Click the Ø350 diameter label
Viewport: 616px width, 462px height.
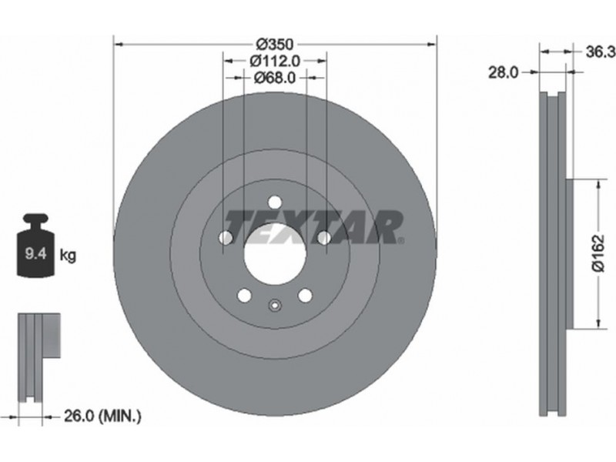pos(275,44)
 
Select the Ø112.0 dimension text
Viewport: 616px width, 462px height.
pos(275,61)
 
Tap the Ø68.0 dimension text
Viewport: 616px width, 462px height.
pos(275,78)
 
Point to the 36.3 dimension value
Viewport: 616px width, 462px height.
pos(601,52)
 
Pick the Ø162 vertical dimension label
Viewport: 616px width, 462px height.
pos(598,253)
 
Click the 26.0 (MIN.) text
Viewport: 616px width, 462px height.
pos(102,416)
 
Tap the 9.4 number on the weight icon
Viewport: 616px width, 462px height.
pos(35,254)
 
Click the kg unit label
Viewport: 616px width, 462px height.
pos(68,256)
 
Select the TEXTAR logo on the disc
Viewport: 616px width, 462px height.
pos(314,226)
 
